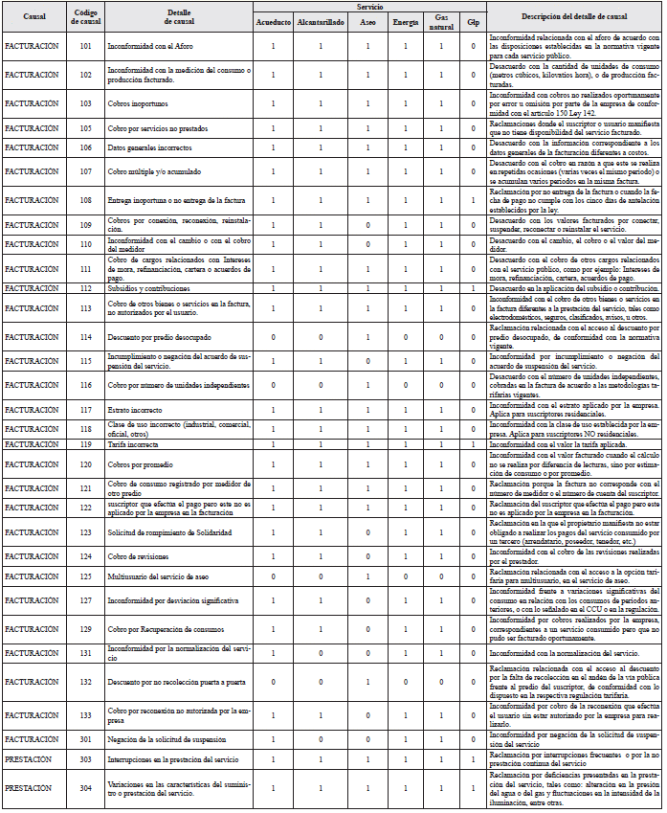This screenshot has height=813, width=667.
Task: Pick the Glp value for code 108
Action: tap(473, 199)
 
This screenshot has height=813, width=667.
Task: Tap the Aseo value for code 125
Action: tap(367, 576)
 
